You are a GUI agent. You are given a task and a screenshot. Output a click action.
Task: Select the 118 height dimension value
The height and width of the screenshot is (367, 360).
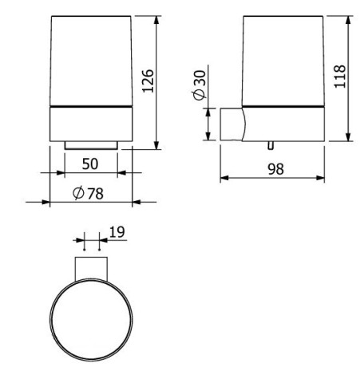coord(340,77)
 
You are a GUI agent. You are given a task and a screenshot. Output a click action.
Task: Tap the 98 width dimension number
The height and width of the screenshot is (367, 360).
coord(275,169)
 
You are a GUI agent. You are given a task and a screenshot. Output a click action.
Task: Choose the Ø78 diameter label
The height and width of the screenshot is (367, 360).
coord(89,193)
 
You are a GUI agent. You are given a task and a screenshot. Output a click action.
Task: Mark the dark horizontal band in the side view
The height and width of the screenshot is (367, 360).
coord(283,106)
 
